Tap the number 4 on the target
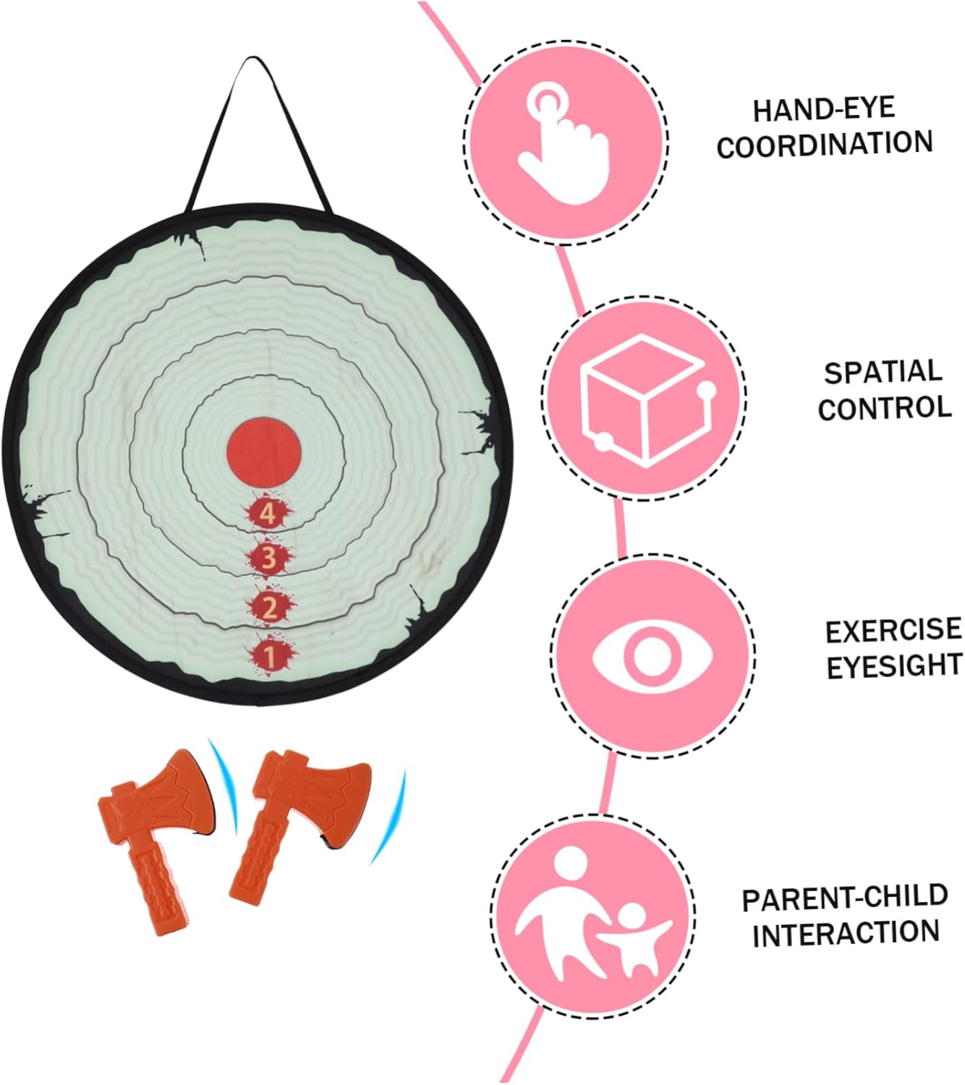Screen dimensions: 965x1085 [268, 514]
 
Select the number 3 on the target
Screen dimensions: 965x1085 [269, 558]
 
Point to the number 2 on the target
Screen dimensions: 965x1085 [270, 608]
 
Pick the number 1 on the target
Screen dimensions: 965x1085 [270, 656]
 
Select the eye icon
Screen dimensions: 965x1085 [652, 655]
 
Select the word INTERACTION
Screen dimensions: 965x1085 [846, 933]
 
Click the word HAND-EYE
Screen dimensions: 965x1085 [824, 109]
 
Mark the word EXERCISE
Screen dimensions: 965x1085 [893, 630]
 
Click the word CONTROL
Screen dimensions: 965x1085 [885, 409]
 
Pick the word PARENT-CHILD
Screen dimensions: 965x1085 [845, 898]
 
